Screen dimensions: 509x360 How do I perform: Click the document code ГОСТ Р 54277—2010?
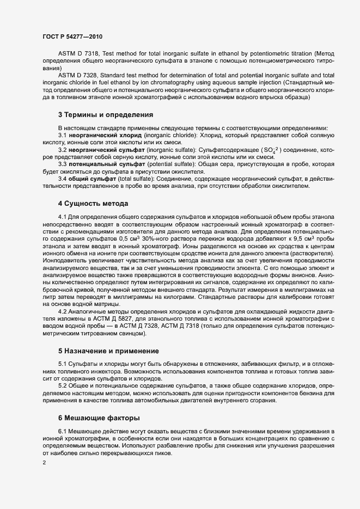click(71, 36)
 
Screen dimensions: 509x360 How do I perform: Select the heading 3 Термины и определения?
click(105, 115)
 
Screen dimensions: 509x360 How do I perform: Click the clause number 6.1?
click(63, 431)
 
